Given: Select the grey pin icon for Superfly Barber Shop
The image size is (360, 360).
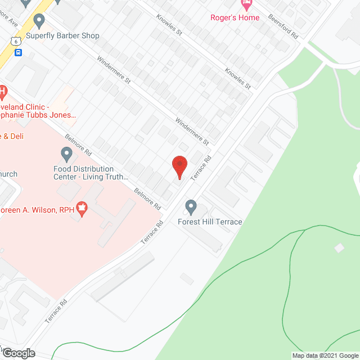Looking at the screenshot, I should (39, 21).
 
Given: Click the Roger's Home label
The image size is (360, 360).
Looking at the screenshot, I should (235, 17).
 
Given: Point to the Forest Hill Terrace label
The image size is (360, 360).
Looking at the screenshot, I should (210, 222).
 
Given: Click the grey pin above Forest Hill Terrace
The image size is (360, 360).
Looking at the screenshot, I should (191, 207).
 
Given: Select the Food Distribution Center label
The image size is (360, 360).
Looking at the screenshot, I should (91, 173).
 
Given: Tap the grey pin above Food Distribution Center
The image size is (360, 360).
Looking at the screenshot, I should (66, 153).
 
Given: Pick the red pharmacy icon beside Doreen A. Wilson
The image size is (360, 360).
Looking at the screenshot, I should (82, 210).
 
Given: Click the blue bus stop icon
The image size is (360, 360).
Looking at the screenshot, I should (18, 53).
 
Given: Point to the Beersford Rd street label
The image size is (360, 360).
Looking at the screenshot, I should (283, 26).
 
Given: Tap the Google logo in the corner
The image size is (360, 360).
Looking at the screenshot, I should (18, 353).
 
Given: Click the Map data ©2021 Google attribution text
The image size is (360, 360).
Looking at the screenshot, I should (325, 355).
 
